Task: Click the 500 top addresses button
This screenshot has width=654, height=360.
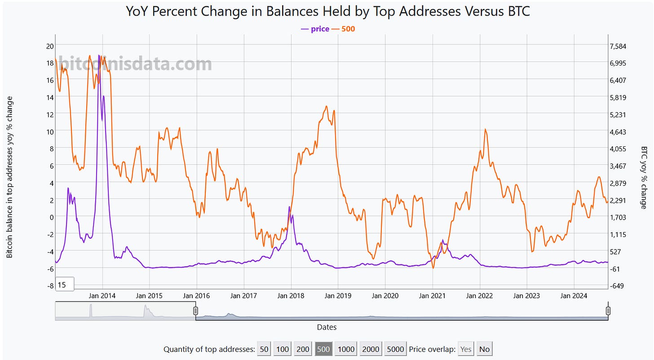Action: click(x=323, y=349)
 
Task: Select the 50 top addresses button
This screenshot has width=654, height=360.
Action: click(x=264, y=349)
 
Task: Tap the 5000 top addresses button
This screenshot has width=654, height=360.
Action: click(x=395, y=349)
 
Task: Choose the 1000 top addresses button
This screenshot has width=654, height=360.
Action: click(x=346, y=349)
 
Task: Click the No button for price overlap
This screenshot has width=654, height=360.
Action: click(x=485, y=349)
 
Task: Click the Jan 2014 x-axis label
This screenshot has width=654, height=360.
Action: click(x=102, y=296)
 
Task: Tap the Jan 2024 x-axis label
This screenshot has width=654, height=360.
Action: click(x=574, y=296)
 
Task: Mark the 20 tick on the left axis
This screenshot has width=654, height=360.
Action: click(x=50, y=46)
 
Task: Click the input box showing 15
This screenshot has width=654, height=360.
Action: click(x=65, y=285)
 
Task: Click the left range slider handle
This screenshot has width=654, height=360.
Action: click(x=195, y=311)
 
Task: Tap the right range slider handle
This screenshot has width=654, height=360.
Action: click(x=608, y=311)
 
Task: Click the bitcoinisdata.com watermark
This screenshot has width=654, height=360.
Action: click(x=135, y=64)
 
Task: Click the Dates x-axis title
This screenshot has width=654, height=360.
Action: click(x=327, y=327)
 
